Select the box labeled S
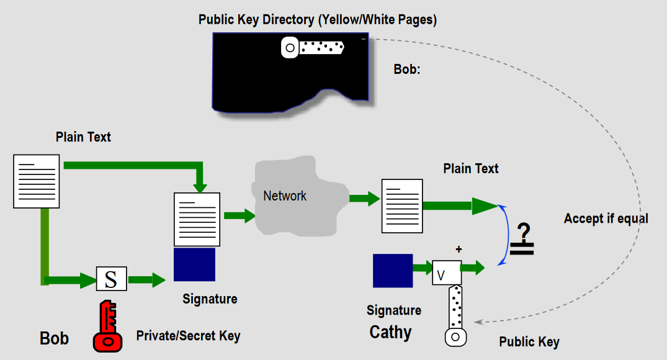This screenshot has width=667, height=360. pos(111,279)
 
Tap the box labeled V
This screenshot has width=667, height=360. pos(446,272)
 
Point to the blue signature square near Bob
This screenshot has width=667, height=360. pos(194,264)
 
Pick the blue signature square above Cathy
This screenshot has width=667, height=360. pos(393,271)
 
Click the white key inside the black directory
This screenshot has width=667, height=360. pos(313,47)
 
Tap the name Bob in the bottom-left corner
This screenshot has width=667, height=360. pos(54,338)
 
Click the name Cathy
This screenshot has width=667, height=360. pos(390,332)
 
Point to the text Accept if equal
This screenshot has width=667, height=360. pos(606,218)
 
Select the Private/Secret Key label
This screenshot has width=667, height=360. pos(188,336)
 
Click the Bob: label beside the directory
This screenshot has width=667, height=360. pos(407,70)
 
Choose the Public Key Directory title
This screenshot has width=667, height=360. pos(318,19)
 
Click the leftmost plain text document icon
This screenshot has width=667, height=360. pos(37,181)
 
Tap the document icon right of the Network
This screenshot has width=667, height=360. pos(401,206)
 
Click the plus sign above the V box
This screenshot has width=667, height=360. pos(459,250)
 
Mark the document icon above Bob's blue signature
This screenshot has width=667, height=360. pos(197,220)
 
